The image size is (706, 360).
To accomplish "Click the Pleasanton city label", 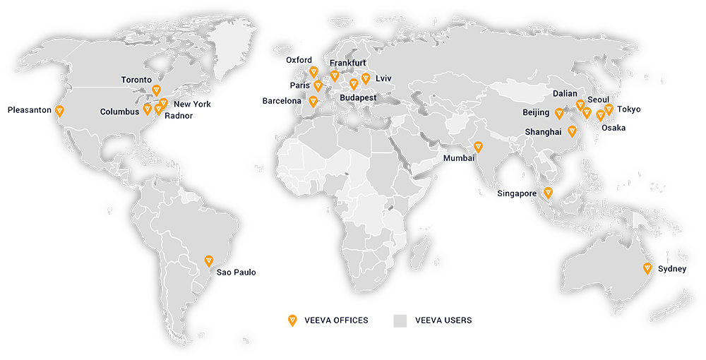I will pyautogui.click(x=29, y=110).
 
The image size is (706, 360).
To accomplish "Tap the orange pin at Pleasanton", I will pyautogui.click(x=59, y=111).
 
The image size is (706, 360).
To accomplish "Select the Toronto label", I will pyautogui.click(x=136, y=80).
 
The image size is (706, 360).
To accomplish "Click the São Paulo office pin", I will pyautogui.click(x=208, y=260).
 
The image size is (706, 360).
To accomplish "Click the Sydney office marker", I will pyautogui.click(x=647, y=268).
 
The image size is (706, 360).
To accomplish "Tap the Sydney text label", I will pyautogui.click(x=672, y=270).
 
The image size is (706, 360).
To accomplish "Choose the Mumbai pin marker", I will pyautogui.click(x=478, y=147).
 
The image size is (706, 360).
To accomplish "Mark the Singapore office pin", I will pyautogui.click(x=548, y=192).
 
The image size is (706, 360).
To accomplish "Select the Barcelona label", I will pyautogui.click(x=281, y=101).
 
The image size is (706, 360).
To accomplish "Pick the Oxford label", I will pyautogui.click(x=298, y=61).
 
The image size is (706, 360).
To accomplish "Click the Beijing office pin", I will pyautogui.click(x=558, y=112).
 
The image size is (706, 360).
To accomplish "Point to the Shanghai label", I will pyautogui.click(x=543, y=132).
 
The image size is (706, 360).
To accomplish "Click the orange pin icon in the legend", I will pyautogui.click(x=292, y=320).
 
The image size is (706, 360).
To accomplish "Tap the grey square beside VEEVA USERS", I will pyautogui.click(x=401, y=320).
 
